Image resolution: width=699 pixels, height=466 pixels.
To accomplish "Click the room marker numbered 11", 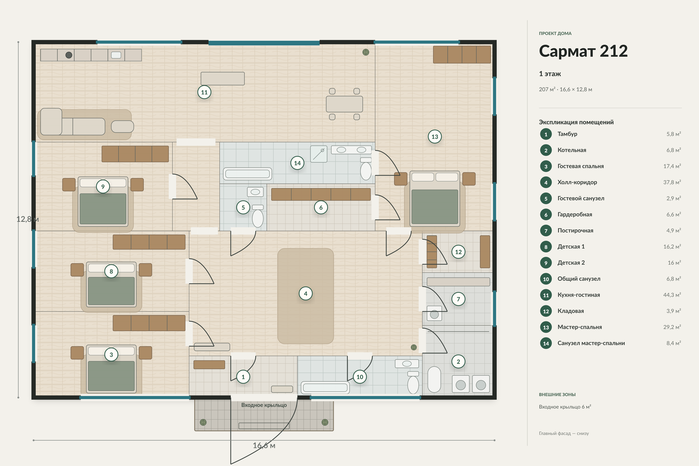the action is click(x=204, y=92).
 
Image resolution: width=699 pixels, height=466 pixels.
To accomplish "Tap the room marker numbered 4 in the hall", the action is click(x=305, y=294).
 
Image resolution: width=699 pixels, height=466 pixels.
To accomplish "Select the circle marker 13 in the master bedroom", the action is click(x=435, y=137).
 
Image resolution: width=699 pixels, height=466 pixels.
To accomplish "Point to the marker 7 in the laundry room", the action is click(x=458, y=299).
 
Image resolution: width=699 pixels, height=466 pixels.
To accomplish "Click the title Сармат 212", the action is click(x=583, y=51).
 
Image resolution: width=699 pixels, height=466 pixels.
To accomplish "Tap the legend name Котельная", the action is click(x=572, y=150).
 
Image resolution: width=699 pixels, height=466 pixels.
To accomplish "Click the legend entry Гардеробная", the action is click(x=575, y=215).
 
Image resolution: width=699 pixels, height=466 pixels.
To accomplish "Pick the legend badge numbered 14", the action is click(x=546, y=343).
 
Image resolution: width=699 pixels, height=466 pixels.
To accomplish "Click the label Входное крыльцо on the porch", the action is click(x=264, y=405).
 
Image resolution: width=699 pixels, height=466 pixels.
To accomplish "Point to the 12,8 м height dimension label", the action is click(x=28, y=219).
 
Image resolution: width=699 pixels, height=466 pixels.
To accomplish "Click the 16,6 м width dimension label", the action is click(x=264, y=445).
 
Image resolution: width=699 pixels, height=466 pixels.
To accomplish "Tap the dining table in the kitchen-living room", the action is click(x=344, y=104).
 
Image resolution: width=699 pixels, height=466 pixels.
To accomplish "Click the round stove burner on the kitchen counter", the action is click(x=69, y=55).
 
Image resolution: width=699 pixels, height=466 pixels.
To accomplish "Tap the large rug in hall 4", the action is click(x=305, y=296).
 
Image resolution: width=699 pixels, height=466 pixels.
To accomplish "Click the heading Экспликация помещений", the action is click(x=576, y=122).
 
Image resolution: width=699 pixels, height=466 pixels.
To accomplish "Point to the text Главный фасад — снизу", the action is click(x=564, y=433).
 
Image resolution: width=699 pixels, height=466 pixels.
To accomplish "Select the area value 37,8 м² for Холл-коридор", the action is click(x=672, y=182).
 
